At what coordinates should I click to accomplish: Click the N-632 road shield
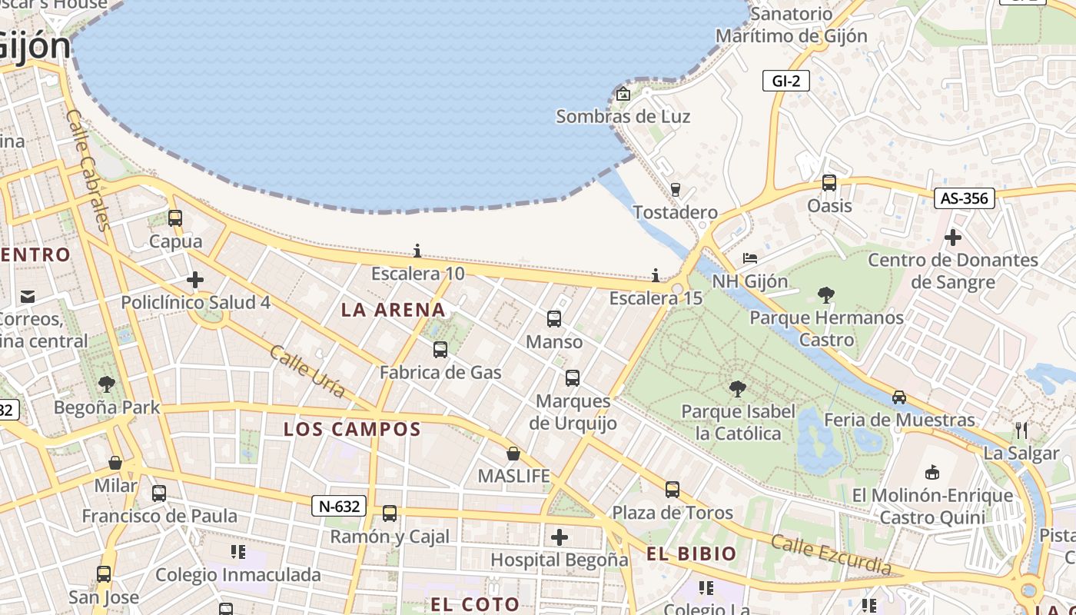pyautogui.click(x=339, y=507)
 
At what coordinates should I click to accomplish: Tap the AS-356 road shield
pyautogui.click(x=965, y=198)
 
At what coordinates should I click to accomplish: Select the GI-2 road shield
pyautogui.click(x=786, y=80)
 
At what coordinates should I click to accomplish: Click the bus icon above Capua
pyautogui.click(x=175, y=218)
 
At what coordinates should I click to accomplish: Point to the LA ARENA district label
pyautogui.click(x=394, y=310)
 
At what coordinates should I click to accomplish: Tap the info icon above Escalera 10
pyautogui.click(x=417, y=251)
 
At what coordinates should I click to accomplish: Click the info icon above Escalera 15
pyautogui.click(x=656, y=274)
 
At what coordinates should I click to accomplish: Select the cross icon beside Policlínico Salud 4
pyautogui.click(x=195, y=280)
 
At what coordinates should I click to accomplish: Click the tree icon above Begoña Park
pyautogui.click(x=107, y=384)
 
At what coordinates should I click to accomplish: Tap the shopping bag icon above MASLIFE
pyautogui.click(x=513, y=454)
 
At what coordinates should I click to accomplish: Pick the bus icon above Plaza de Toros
pyautogui.click(x=672, y=490)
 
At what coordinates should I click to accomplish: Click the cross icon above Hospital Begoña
pyautogui.click(x=560, y=537)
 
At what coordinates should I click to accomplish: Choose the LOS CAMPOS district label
pyautogui.click(x=353, y=429)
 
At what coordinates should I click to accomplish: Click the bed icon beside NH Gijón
pyautogui.click(x=750, y=258)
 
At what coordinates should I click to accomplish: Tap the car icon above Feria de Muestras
pyautogui.click(x=899, y=397)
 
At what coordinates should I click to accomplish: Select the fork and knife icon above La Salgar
pyautogui.click(x=1021, y=430)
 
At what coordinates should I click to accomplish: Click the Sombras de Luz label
pyautogui.click(x=623, y=117)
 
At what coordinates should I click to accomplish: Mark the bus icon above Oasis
pyautogui.click(x=829, y=183)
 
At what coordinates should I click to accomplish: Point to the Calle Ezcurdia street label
pyautogui.click(x=831, y=554)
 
